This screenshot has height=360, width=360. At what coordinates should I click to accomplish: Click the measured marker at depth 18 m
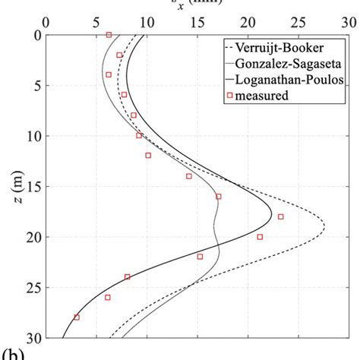click(280, 216)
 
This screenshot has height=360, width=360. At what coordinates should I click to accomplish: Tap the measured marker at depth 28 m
click(76, 317)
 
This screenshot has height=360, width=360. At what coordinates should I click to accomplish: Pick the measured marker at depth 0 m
click(109, 35)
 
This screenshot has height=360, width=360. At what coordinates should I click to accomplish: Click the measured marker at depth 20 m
click(260, 237)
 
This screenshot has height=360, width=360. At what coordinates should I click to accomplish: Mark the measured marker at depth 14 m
click(189, 176)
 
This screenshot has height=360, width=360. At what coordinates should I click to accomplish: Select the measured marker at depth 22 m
click(200, 257)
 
